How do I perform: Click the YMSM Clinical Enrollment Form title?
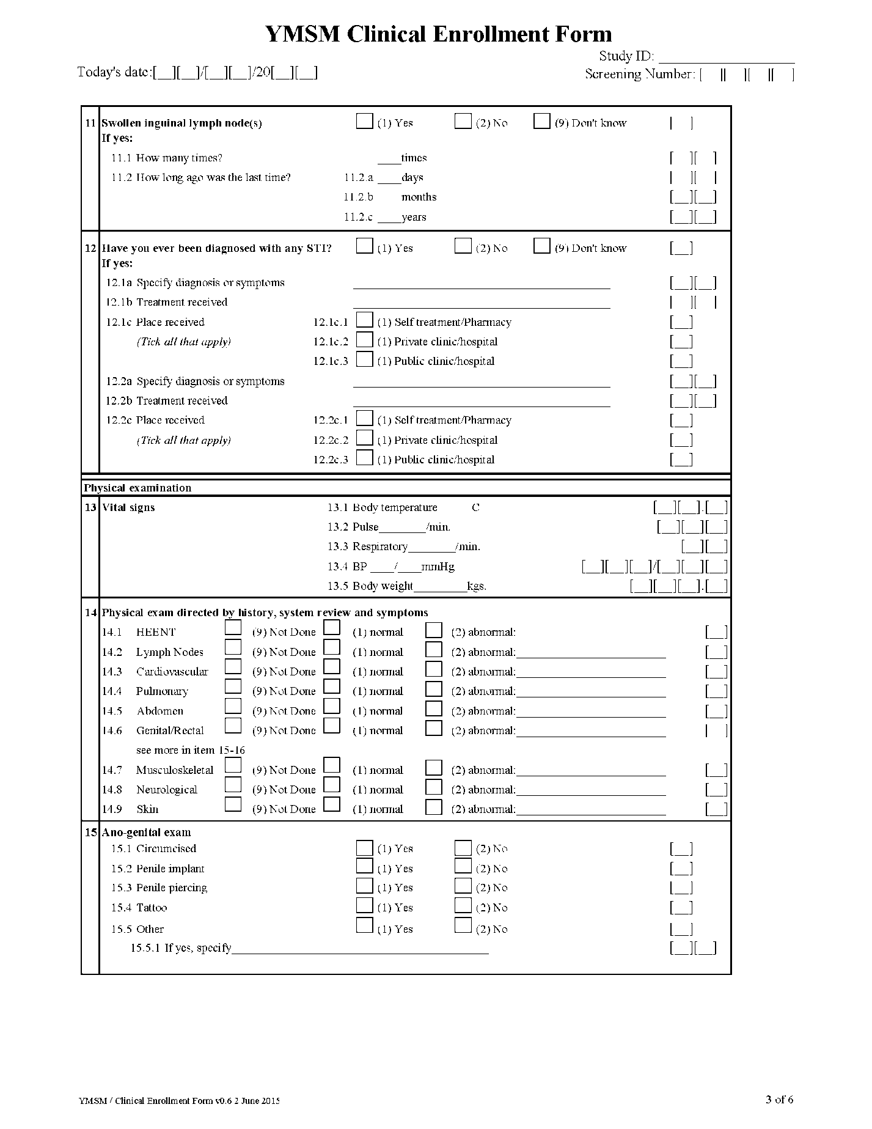click(438, 34)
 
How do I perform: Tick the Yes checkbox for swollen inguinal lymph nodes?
click(364, 121)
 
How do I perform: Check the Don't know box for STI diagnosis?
click(541, 246)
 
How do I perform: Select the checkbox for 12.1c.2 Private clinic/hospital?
click(364, 339)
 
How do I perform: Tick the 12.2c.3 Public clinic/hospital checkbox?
click(364, 457)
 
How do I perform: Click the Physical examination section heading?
click(137, 488)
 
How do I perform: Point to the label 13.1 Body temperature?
click(382, 507)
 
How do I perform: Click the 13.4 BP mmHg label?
click(391, 567)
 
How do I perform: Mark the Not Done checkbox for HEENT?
click(233, 628)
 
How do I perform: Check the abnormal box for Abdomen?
click(433, 708)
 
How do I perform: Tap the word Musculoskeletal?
click(175, 770)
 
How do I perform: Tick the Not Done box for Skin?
click(233, 804)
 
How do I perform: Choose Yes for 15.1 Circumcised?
click(364, 848)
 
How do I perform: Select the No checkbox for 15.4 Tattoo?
click(463, 905)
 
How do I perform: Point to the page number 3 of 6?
click(779, 1100)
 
